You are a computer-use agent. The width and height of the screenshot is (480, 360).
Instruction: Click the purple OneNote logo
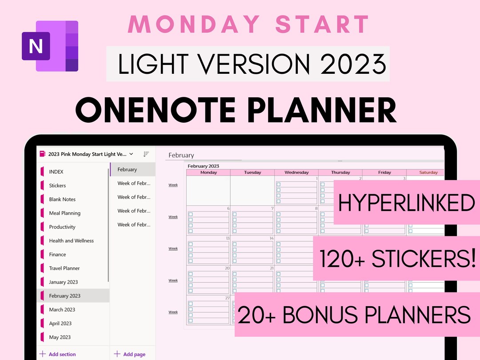coord(50,46)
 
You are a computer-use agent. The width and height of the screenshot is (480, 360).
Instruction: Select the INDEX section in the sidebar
coord(56,172)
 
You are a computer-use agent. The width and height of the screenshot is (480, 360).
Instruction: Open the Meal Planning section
coord(64,213)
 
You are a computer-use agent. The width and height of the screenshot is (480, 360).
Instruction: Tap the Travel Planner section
coord(64,268)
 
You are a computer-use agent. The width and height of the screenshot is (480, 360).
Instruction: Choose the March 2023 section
coord(62,309)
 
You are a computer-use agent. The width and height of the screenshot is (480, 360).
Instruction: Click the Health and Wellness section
coord(71,240)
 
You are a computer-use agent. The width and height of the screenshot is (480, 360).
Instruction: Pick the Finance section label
coord(57,254)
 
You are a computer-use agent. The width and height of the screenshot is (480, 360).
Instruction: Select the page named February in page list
coord(127,169)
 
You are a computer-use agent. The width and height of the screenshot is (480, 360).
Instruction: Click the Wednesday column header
coord(296,172)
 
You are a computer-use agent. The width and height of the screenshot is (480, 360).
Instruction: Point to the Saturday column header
coord(428,172)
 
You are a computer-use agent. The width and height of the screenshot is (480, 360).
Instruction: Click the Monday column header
coord(208,172)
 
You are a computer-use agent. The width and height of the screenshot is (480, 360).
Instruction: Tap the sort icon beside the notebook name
coord(146,154)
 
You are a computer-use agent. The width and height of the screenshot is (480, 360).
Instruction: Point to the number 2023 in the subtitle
coord(353,64)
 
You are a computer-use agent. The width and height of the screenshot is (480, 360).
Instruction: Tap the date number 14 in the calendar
coord(271,238)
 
